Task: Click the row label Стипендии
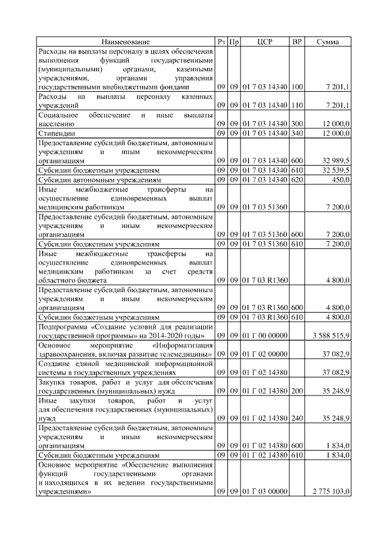pos(55,133)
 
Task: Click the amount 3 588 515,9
pos(328,334)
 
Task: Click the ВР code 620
pos(296,179)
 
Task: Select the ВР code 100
pos(296,87)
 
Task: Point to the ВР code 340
pos(296,133)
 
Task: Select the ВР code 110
pos(296,105)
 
